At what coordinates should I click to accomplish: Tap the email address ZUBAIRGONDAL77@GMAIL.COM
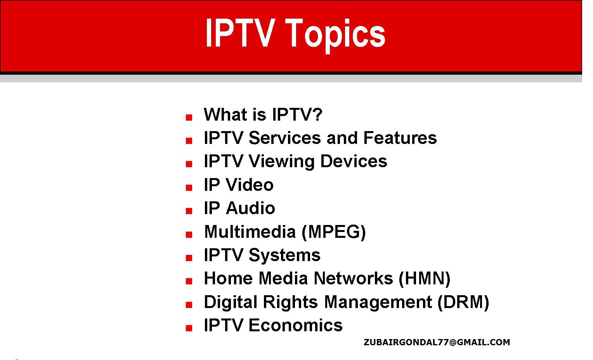pos(437,342)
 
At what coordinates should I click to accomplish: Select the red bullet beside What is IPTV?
pos(189,118)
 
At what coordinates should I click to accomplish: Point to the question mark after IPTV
pos(317,115)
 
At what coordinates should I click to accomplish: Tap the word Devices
pos(354,161)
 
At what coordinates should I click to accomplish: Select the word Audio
pos(250,208)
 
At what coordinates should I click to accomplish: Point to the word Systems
pos(284,255)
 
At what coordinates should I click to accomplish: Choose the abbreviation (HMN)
pos(425,279)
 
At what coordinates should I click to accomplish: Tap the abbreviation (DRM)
pos(463,302)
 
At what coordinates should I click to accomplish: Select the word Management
pos(378,302)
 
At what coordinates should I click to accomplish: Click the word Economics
pos(295,325)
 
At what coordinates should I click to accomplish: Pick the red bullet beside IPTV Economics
pos(189,328)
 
